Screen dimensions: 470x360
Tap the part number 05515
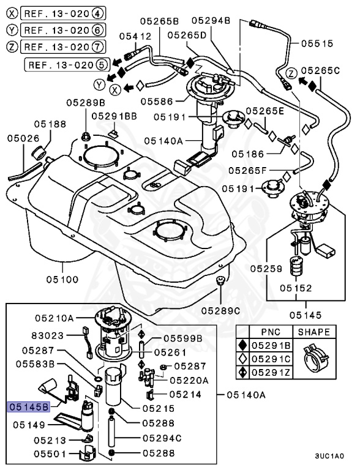[318, 43]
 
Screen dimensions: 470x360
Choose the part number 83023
[48, 335]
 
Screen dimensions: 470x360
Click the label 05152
[296, 288]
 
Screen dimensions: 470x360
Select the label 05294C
[162, 438]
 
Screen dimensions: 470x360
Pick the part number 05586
[157, 102]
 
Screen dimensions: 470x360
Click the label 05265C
[320, 70]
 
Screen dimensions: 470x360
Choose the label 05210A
[54, 318]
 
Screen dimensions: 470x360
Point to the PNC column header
[270, 332]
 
